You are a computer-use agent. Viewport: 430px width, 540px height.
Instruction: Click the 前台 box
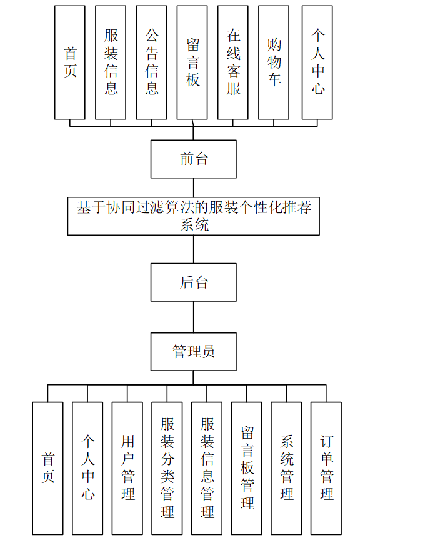pos(193,159)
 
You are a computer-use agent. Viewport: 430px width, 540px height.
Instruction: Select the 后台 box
pos(193,282)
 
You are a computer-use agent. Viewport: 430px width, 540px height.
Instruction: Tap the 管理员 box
pos(193,351)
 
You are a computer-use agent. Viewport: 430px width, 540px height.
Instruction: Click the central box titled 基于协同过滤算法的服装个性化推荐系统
pos(193,216)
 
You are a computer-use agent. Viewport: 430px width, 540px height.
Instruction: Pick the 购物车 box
pos(274,62)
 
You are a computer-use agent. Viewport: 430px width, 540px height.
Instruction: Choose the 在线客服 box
pos(233,62)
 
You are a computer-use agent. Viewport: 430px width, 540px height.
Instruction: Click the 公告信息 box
pos(151,62)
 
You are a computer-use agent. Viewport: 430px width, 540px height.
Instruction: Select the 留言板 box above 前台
pos(192,62)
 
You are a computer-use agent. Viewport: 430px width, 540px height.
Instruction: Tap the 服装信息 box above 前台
pos(111,62)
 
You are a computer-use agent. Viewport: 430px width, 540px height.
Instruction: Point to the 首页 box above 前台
pos(70,62)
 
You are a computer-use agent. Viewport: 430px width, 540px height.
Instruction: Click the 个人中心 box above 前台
pos(317,62)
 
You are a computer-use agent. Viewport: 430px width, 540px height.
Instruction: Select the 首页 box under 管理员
pos(47,468)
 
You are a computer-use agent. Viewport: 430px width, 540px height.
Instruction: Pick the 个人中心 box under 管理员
pos(87,468)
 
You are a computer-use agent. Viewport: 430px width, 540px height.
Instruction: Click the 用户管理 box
pos(127,468)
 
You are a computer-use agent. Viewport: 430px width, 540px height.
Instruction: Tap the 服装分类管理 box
pos(167,468)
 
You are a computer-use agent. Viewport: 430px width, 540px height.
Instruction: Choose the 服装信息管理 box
pos(207,468)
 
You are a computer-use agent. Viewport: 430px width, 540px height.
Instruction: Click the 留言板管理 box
pos(247,468)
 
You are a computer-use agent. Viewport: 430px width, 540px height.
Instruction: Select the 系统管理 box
pos(286,468)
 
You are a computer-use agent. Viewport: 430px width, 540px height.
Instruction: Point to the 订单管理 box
pos(326,468)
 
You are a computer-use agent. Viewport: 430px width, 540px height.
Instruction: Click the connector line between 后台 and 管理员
pos(193,317)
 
